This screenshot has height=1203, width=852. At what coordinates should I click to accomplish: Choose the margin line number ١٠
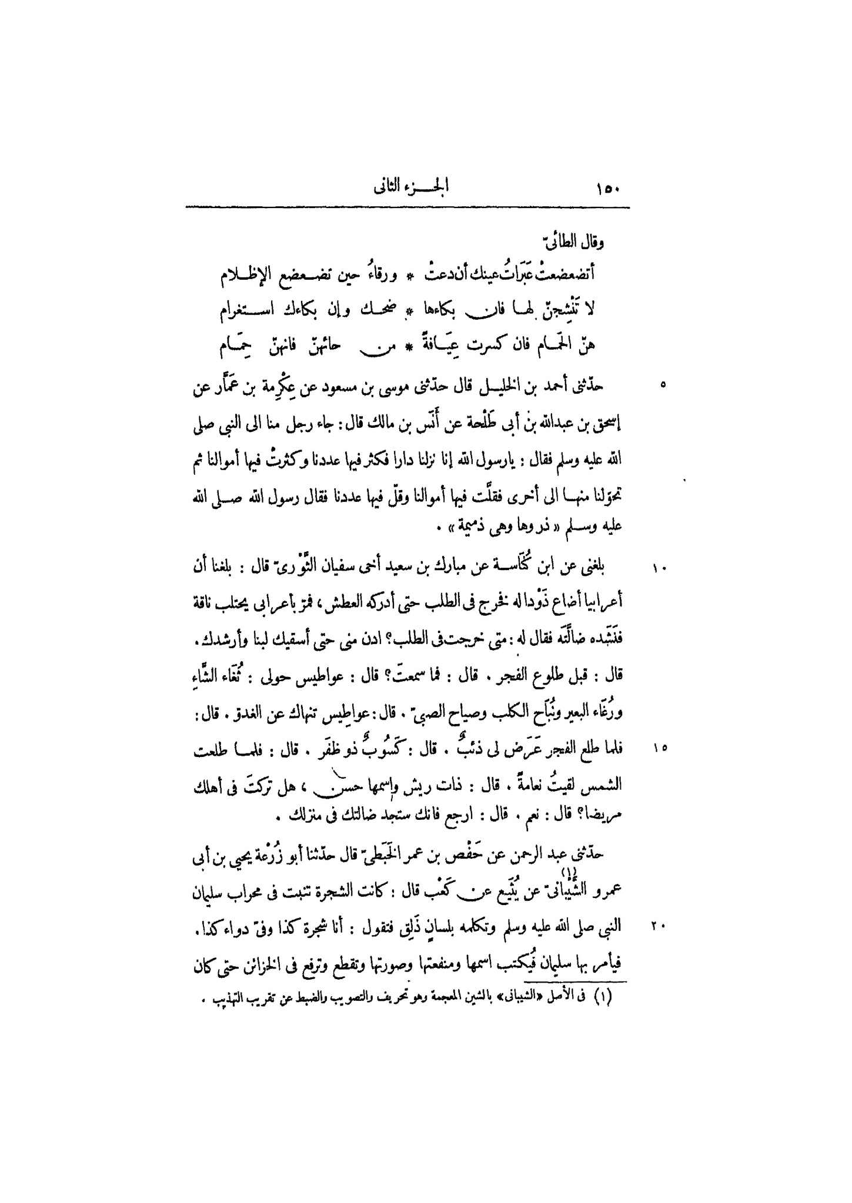[x=657, y=569]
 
